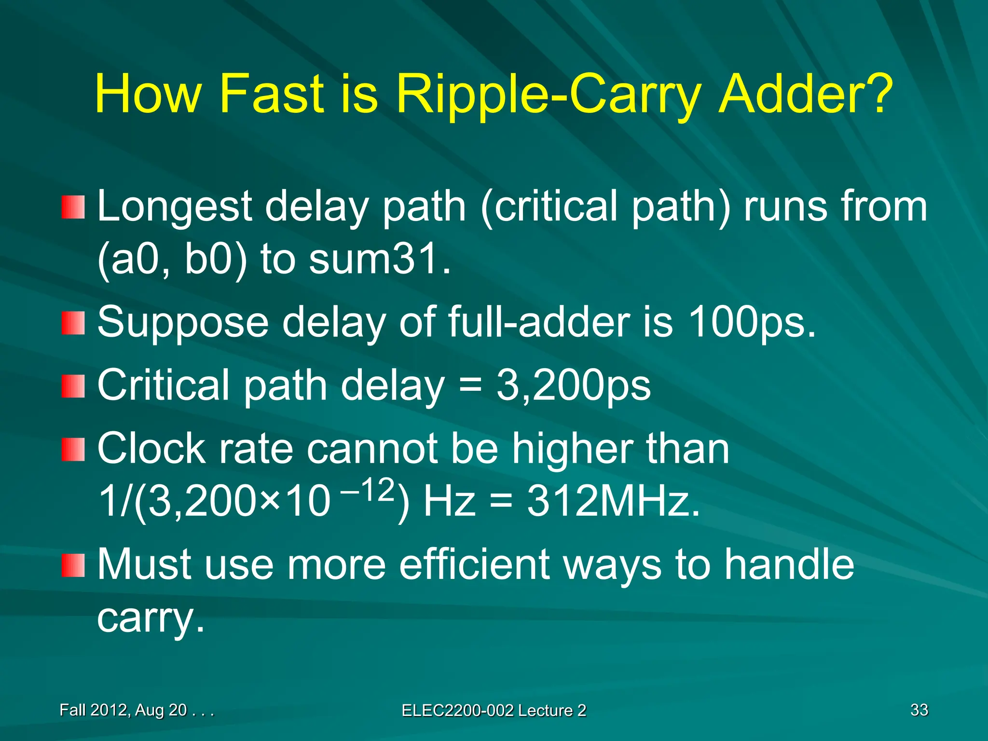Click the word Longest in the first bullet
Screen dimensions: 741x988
click(x=174, y=206)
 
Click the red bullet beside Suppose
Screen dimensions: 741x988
click(x=73, y=323)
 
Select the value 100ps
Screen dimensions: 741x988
click(x=751, y=322)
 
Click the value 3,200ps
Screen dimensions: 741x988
click(x=573, y=385)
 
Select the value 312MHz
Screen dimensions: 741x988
click(x=613, y=501)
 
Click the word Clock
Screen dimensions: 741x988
click(x=151, y=449)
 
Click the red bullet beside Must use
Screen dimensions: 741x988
click(x=73, y=565)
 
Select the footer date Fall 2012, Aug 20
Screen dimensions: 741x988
click(x=123, y=710)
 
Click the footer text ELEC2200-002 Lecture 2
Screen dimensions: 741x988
click(x=494, y=711)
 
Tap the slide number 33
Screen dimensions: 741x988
click(x=919, y=710)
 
